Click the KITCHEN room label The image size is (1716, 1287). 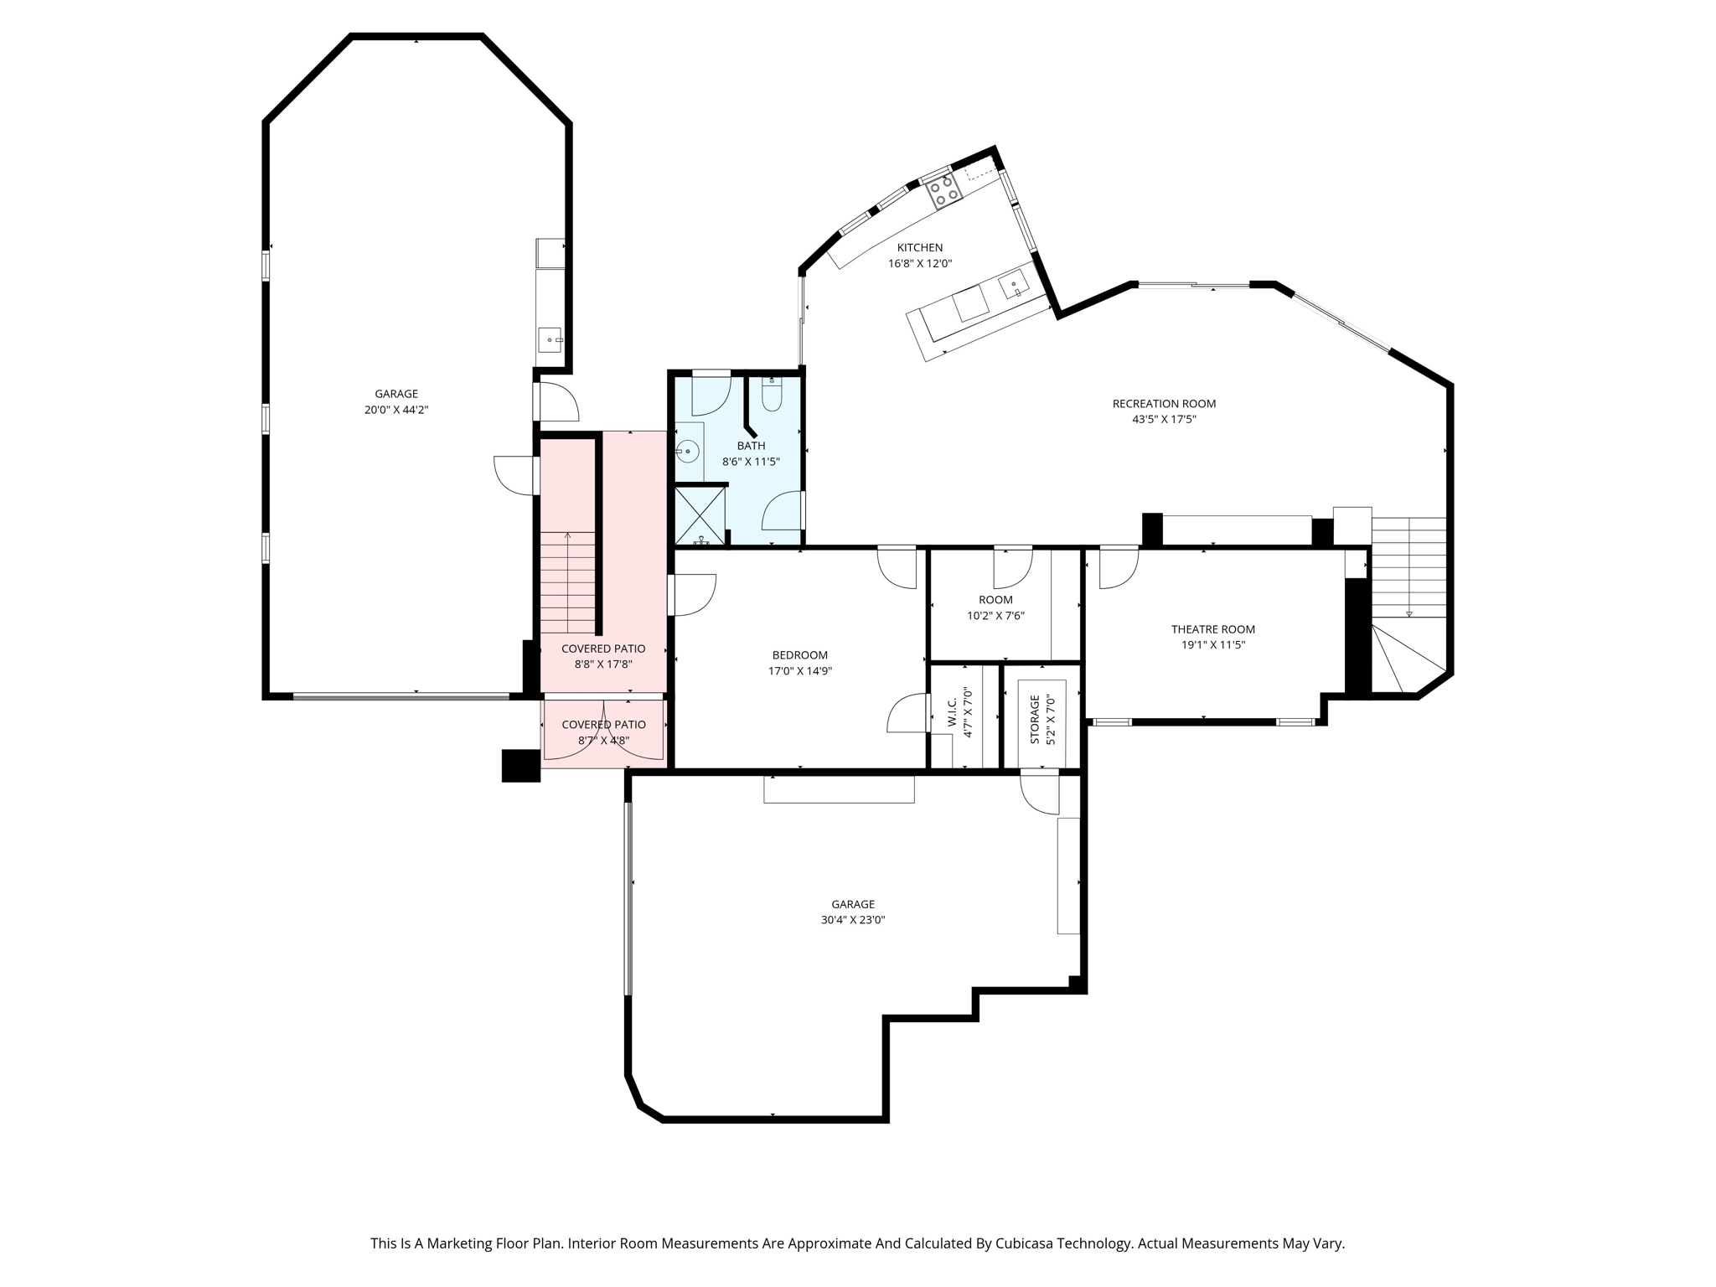point(919,247)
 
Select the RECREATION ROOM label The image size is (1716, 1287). point(1164,403)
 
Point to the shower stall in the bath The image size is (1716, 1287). point(700,516)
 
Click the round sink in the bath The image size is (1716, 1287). point(687,452)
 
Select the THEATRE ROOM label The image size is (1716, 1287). point(1212,629)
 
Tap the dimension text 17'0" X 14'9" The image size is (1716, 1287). point(799,670)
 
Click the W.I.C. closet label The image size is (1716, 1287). point(953,712)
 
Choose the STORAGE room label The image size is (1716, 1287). point(1035,719)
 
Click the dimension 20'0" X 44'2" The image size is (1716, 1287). point(396,410)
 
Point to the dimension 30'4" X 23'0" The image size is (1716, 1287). point(853,919)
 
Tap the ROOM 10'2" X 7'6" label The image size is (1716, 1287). point(995,600)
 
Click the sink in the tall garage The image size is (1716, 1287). point(549,339)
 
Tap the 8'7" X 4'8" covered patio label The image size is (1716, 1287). point(603,740)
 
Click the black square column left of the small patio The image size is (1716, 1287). point(520,766)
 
